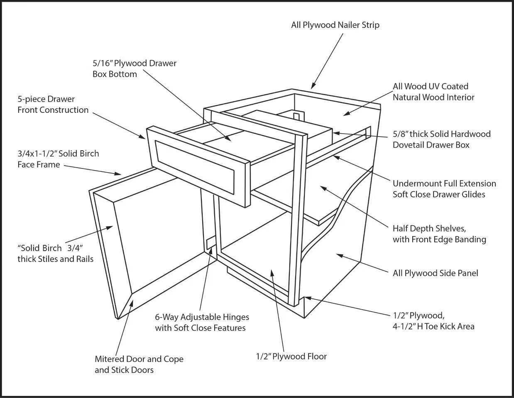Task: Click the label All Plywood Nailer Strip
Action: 335,25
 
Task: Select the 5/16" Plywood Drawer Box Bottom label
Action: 134,68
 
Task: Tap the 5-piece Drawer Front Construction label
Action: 53,104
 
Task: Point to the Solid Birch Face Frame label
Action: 58,159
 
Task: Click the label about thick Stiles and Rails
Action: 55,253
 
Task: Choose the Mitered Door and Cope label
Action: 139,364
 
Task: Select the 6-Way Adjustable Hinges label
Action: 202,322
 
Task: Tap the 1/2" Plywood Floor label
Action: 291,356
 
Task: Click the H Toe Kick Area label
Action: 433,321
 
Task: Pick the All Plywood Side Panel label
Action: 435,273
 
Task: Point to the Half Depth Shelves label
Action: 439,234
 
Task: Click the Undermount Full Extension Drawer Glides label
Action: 444,189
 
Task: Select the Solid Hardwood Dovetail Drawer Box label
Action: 441,139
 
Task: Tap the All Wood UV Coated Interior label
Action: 433,92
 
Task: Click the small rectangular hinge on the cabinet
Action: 211,243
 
